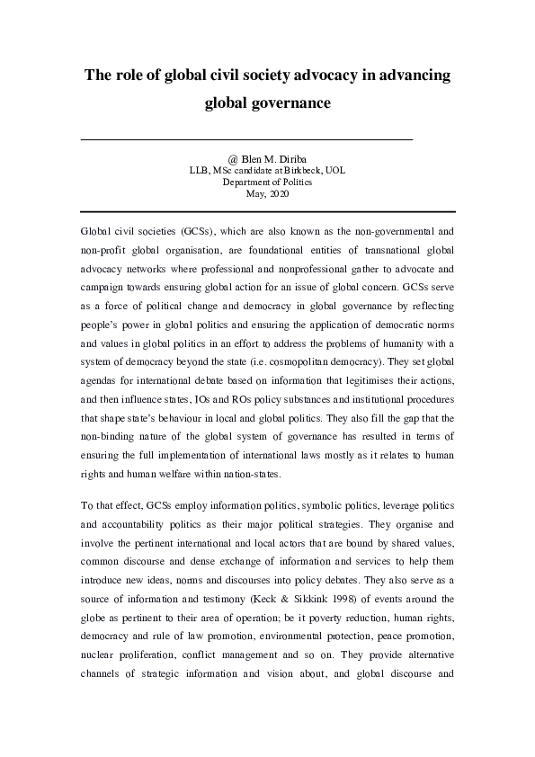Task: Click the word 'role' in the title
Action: click(x=132, y=76)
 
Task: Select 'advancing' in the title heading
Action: click(x=406, y=76)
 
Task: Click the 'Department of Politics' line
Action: click(x=266, y=181)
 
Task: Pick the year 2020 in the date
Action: click(x=279, y=192)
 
